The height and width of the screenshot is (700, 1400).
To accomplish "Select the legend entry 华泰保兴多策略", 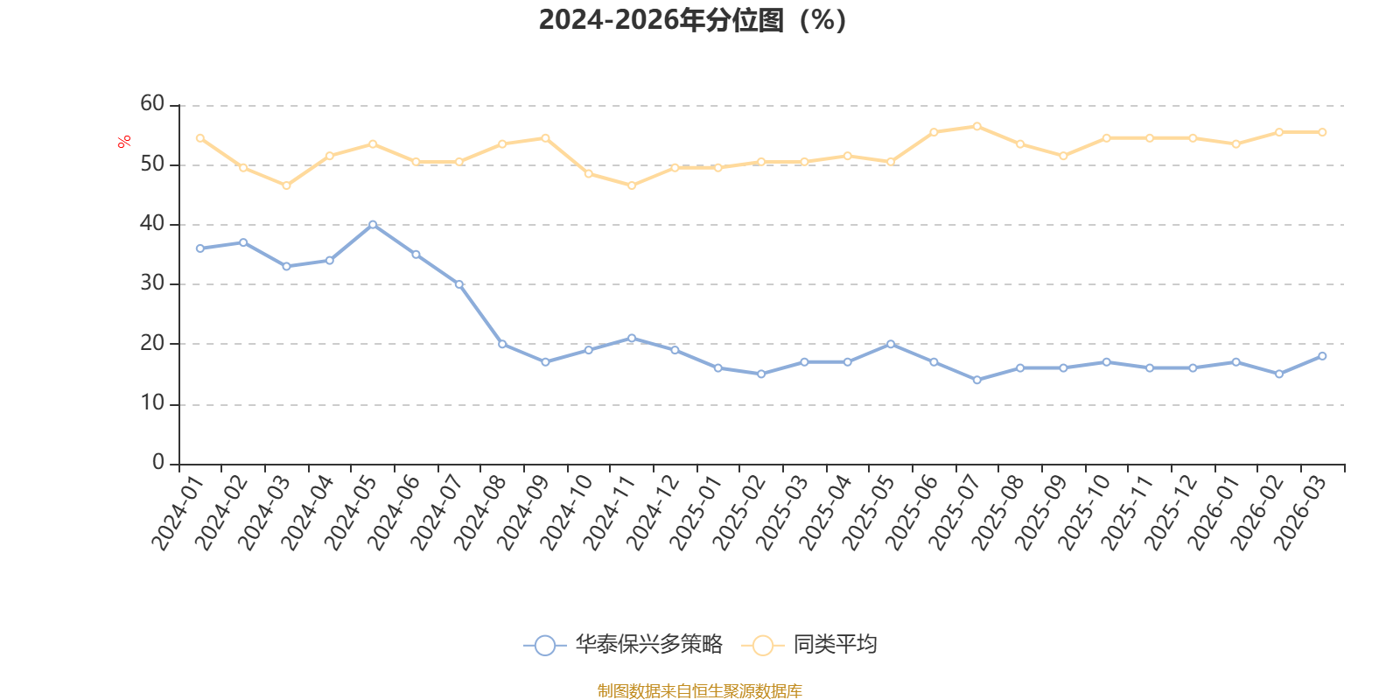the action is tap(623, 644).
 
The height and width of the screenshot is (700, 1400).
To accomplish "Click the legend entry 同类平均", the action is tap(809, 644).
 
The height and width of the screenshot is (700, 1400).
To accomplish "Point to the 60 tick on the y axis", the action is tap(152, 104).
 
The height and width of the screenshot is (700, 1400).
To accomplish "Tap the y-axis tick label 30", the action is tap(152, 283).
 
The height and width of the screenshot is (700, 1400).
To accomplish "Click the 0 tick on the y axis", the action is tap(158, 462).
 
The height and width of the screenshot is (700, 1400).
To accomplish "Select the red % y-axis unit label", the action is tap(123, 141).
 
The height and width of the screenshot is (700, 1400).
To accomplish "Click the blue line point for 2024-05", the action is tap(373, 224).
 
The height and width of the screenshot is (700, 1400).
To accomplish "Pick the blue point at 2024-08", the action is tap(502, 344).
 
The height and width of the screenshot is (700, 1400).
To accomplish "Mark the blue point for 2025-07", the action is tap(976, 380).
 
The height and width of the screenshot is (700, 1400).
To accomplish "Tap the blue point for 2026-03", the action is tap(1322, 356).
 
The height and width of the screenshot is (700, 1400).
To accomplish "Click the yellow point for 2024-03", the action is tap(286, 185).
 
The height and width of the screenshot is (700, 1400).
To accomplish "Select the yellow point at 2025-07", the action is tap(976, 126).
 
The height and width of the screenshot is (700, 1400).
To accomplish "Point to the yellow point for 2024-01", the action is tap(200, 138).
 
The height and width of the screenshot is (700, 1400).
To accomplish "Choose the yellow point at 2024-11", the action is tap(631, 185).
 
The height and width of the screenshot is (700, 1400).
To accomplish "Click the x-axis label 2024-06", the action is tap(393, 513).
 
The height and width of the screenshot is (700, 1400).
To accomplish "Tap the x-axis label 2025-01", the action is tap(696, 513).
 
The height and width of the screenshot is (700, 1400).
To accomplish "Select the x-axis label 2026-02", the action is tap(1256, 513).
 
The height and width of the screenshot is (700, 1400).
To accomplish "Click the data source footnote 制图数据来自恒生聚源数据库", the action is tap(699, 690).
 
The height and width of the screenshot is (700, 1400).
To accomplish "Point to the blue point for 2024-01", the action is tap(200, 248).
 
